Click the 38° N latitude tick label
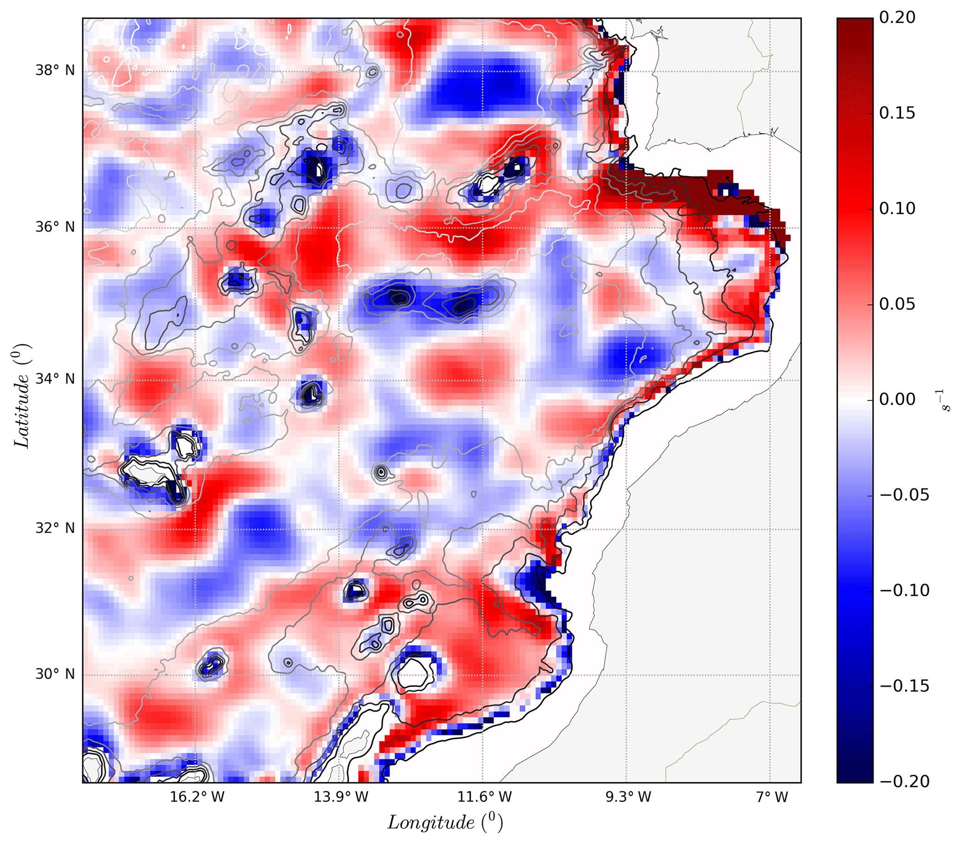tap(55, 71)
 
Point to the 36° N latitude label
tap(55, 227)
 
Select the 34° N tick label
tap(55, 379)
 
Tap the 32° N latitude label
tap(55, 529)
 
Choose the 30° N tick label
tap(55, 674)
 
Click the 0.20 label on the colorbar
tap(897, 18)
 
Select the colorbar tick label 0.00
tap(897, 400)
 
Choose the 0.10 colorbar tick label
tap(897, 209)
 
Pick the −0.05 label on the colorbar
tap(904, 495)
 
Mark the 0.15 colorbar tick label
tap(897, 113)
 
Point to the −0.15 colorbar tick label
tap(904, 686)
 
